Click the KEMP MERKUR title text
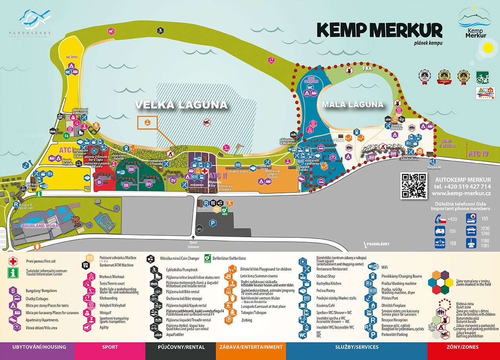pyautogui.click(x=380, y=30)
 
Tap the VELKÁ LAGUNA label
pyautogui.click(x=181, y=105)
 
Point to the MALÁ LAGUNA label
pyautogui.click(x=353, y=105)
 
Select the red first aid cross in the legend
pyautogui.click(x=13, y=262)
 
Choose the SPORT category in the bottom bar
pyautogui.click(x=110, y=347)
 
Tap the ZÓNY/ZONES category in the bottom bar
pyautogui.click(x=463, y=347)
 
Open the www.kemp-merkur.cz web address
pyautogui.click(x=463, y=193)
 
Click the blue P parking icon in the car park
pyautogui.click(x=213, y=224)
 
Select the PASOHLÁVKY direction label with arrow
pyautogui.click(x=377, y=244)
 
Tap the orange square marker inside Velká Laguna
pyautogui.click(x=147, y=123)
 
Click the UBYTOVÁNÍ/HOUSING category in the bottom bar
pyautogui.click(x=39, y=347)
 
